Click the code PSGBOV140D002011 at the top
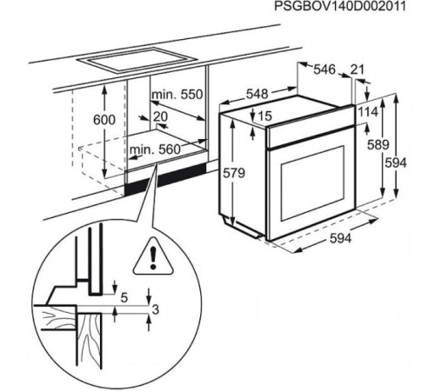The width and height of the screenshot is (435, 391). click(353, 8)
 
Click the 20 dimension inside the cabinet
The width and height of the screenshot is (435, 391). click(160, 116)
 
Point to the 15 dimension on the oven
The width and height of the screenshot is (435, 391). click(265, 116)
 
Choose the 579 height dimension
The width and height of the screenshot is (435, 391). click(236, 174)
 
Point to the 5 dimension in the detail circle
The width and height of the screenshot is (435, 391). click(124, 298)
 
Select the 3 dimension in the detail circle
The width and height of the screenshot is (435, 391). click(155, 308)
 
